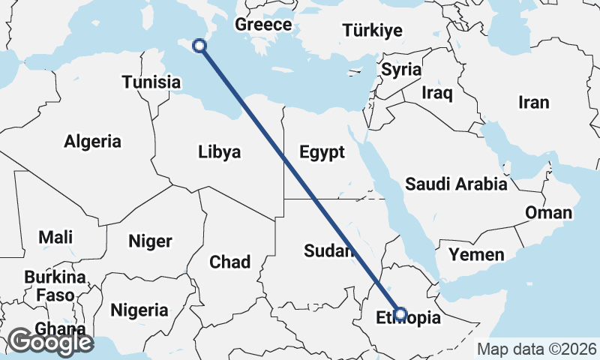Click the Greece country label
[263, 25]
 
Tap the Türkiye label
[373, 31]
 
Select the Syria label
[401, 69]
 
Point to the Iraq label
[437, 93]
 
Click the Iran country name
[534, 103]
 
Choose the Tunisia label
[151, 82]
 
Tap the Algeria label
[92, 141]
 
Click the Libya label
[220, 152]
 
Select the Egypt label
[322, 152]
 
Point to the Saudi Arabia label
[456, 184]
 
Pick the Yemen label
[476, 255]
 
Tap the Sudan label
[328, 251]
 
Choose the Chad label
[229, 262]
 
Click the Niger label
[150, 241]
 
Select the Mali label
[56, 238]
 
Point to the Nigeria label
[139, 310]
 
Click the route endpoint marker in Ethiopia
[400, 314]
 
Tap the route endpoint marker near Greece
[199, 46]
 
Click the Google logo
[50, 342]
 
